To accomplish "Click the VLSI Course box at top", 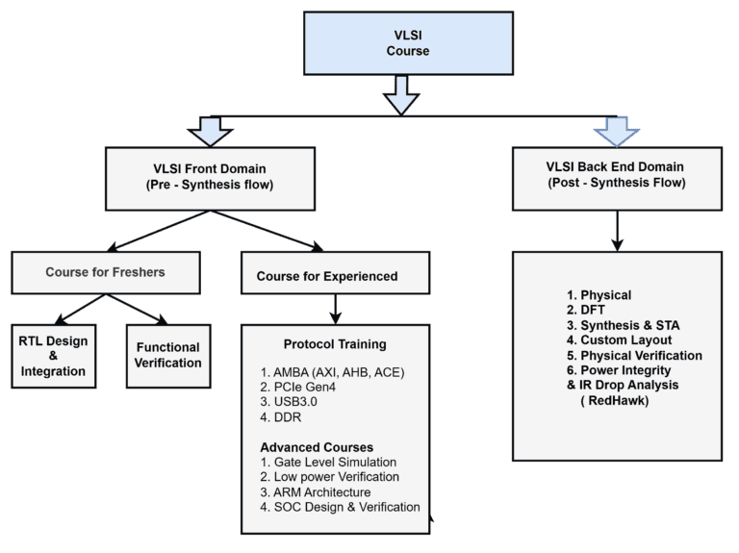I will click(401, 42).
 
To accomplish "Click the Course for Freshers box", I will click(105, 272).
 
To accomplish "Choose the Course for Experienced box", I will click(327, 276).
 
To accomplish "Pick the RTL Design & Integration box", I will click(52, 355).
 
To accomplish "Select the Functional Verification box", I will click(167, 355).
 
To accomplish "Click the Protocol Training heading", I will click(335, 344).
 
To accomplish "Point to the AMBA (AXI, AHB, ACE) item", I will click(331, 371).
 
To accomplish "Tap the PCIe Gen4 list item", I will click(297, 387).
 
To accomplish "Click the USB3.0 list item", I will click(290, 402).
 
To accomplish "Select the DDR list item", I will click(285, 417).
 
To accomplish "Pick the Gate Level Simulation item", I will click(328, 462).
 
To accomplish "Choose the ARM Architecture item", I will click(321, 491).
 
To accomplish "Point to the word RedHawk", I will click(626, 399).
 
